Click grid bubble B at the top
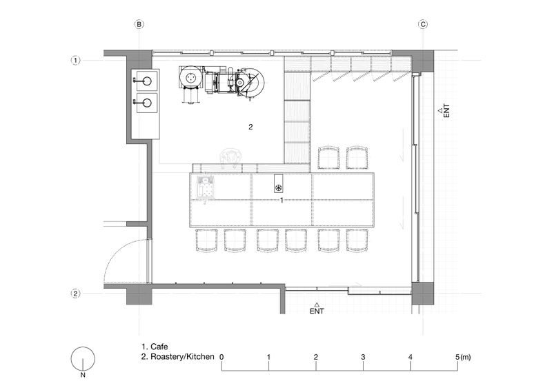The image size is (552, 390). (x=139, y=24)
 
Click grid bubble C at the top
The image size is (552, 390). (x=423, y=24)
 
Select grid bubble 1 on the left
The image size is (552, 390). (x=75, y=60)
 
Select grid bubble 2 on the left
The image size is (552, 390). (x=75, y=294)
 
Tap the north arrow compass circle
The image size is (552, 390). (x=83, y=359)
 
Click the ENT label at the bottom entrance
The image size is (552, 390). (x=317, y=311)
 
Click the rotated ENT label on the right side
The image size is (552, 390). (x=446, y=110)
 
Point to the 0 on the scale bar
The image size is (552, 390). (x=221, y=357)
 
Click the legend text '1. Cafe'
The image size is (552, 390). (x=155, y=347)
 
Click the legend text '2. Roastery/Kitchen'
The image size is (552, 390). (x=177, y=357)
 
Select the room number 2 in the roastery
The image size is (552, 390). (x=250, y=127)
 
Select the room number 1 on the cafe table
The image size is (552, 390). (x=282, y=200)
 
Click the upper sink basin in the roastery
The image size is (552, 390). (x=146, y=81)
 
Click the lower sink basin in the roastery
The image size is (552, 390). (x=146, y=103)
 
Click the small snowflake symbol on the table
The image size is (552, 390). (x=278, y=187)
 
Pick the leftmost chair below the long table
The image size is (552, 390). (x=206, y=240)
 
